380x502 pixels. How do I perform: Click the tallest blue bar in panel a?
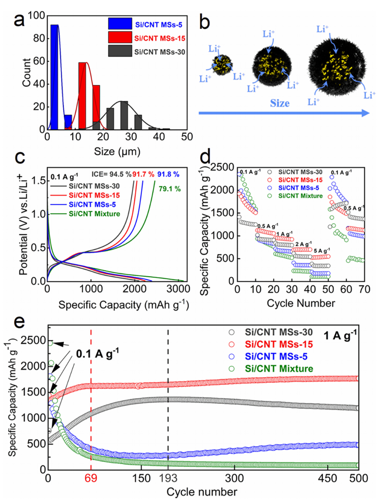pos(55,77)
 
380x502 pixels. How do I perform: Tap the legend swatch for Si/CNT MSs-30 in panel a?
pos(120,51)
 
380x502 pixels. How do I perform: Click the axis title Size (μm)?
pos(117,151)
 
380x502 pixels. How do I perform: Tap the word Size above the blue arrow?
pos(280,103)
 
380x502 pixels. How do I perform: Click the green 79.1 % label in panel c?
pos(169,188)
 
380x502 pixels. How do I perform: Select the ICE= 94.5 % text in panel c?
pos(111,174)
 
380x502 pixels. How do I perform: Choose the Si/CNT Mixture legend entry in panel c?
pos(94,214)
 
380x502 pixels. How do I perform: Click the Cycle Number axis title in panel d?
pos(301,303)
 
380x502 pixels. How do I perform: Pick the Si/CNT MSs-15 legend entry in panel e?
pos(279,345)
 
